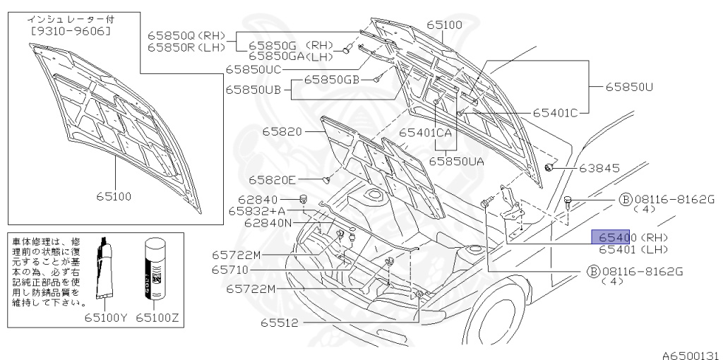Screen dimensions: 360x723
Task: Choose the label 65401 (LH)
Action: coord(633,249)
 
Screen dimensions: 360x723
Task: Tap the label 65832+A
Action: coord(257,210)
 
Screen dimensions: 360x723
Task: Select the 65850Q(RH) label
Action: coord(186,35)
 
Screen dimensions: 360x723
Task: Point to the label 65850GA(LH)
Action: coord(290,56)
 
